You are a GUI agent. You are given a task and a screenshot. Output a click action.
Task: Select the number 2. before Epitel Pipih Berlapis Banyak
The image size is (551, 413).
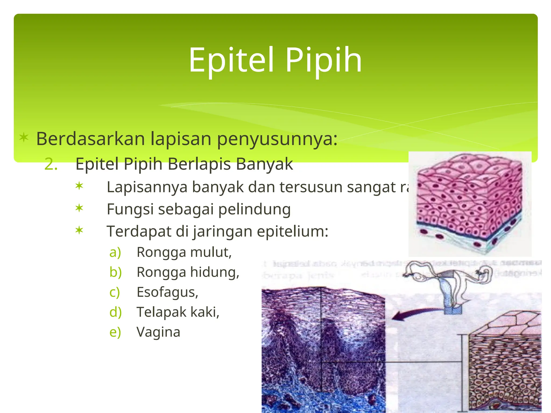click(x=51, y=164)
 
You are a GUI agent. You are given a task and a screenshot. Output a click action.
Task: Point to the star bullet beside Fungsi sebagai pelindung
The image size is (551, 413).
click(x=79, y=208)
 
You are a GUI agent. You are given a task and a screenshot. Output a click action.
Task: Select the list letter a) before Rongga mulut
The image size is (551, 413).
click(x=115, y=252)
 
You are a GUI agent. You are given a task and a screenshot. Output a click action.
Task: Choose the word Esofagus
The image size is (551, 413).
click(x=167, y=292)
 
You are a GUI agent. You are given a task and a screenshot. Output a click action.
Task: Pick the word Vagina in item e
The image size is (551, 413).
click(x=158, y=332)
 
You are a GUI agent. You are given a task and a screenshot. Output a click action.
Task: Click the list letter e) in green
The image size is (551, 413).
click(x=115, y=332)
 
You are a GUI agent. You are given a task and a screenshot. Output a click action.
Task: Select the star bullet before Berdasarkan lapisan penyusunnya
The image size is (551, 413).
click(x=24, y=137)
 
